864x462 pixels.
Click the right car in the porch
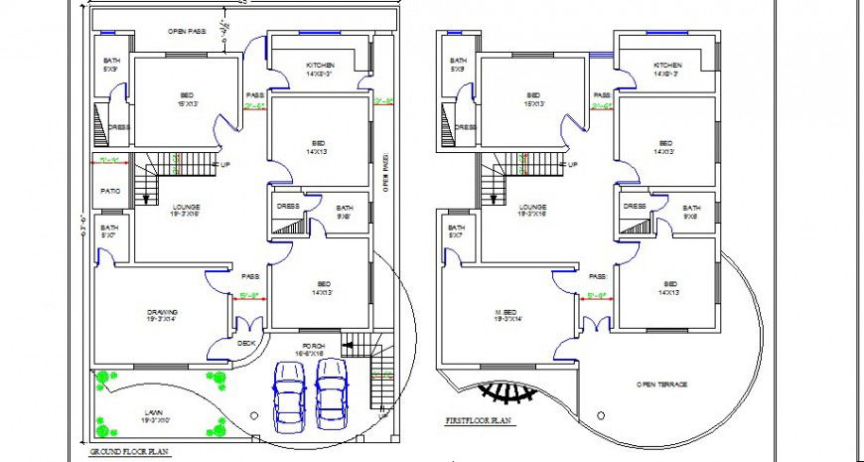click(x=330, y=390)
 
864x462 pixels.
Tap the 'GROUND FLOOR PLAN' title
click(x=130, y=451)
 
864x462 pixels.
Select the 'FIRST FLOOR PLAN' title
click(x=478, y=422)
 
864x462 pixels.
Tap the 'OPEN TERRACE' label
click(x=662, y=384)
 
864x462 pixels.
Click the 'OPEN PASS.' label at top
click(x=187, y=32)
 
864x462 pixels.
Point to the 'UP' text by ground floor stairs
click(x=225, y=164)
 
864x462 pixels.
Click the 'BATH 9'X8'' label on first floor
click(x=690, y=211)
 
